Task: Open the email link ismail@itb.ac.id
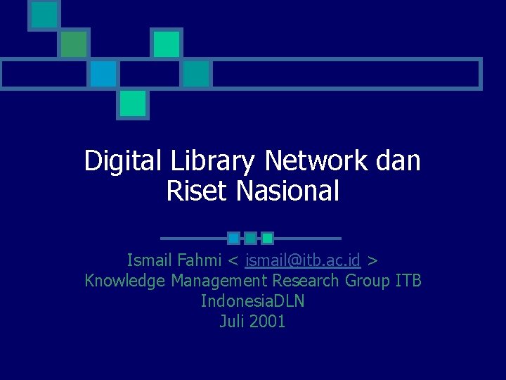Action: point(303,260)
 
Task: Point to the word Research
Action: point(306,281)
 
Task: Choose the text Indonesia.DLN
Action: point(252,301)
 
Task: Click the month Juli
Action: point(232,322)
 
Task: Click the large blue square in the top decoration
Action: point(103,73)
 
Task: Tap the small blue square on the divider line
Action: point(234,238)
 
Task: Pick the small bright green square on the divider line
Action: point(267,238)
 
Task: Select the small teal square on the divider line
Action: point(250,238)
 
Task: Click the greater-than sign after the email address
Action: point(372,260)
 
